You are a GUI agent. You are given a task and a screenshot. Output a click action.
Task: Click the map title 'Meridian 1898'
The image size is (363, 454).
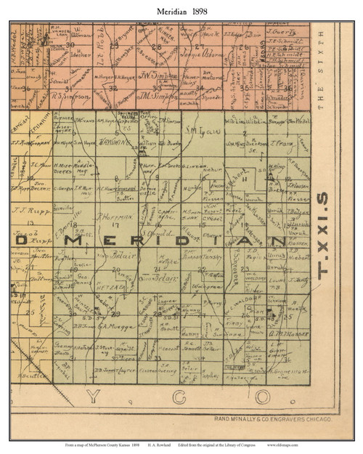tap(181, 12)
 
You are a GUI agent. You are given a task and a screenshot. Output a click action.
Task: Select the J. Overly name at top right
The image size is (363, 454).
tap(279, 31)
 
